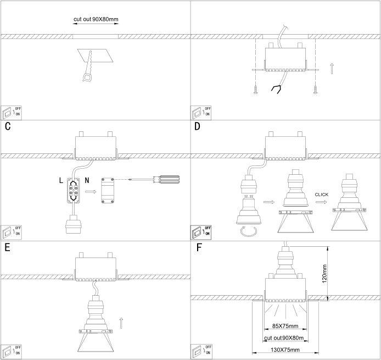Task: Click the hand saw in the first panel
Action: click(87, 67)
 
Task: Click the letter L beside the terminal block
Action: click(61, 180)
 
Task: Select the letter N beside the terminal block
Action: click(87, 180)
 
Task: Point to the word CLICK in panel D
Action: click(322, 195)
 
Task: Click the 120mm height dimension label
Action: click(324, 274)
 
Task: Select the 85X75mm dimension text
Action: click(285, 326)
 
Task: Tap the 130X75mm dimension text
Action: click(285, 350)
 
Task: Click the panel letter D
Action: click(198, 126)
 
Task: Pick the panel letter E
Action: click(7, 247)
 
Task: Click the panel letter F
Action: click(199, 247)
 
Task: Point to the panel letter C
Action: click(8, 126)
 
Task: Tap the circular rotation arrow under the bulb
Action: click(248, 231)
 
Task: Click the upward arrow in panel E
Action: click(121, 323)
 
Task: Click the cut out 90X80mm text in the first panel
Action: click(96, 19)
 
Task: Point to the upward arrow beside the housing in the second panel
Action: click(332, 68)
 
